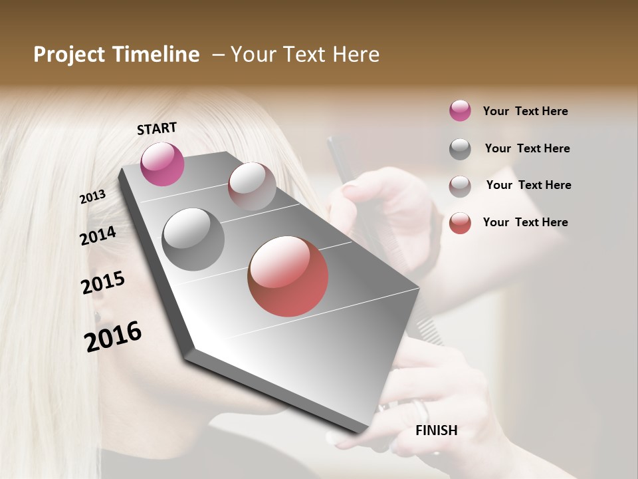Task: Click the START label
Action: pyautogui.click(x=157, y=128)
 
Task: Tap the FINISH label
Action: pyautogui.click(x=436, y=430)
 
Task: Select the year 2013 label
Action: pyautogui.click(x=92, y=197)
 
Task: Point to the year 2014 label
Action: pyautogui.click(x=98, y=236)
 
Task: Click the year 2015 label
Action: pyautogui.click(x=103, y=283)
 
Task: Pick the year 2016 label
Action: pyautogui.click(x=113, y=336)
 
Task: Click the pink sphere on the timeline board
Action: pyautogui.click(x=162, y=164)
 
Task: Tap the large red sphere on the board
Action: pyautogui.click(x=288, y=276)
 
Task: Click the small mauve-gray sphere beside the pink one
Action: pyautogui.click(x=252, y=186)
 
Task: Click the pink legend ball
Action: pyautogui.click(x=460, y=111)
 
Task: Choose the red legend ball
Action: pyautogui.click(x=460, y=223)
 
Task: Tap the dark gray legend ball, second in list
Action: pyautogui.click(x=460, y=149)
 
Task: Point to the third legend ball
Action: pyautogui.click(x=460, y=186)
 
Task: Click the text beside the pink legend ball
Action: pyautogui.click(x=525, y=112)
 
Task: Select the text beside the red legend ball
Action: pyautogui.click(x=525, y=222)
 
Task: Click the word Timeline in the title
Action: pyautogui.click(x=156, y=55)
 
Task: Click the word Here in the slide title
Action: pyautogui.click(x=356, y=55)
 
